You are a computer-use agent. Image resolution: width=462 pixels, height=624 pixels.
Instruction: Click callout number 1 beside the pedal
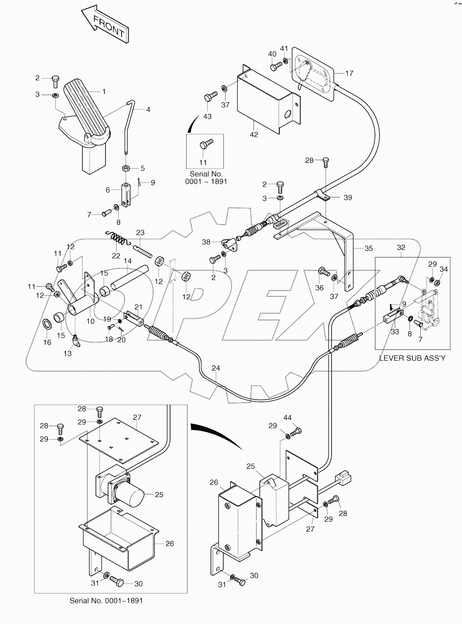point(104,92)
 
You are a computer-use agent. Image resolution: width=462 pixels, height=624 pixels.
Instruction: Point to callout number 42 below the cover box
point(254,134)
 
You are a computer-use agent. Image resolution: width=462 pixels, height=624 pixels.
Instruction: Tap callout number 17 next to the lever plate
point(349,73)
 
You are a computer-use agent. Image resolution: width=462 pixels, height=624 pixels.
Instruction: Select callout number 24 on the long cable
point(216,368)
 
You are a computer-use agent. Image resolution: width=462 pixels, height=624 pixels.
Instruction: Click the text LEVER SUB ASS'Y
point(412,358)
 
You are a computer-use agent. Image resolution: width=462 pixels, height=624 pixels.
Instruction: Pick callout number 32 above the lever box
point(401,247)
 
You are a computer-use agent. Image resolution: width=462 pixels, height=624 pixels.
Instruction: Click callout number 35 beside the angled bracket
point(369,248)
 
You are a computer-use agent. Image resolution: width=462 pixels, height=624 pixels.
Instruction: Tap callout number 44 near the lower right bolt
point(288,418)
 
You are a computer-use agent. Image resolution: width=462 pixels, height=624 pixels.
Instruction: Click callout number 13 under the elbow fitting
point(67,353)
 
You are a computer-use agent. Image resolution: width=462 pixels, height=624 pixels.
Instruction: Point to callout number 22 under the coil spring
point(116,256)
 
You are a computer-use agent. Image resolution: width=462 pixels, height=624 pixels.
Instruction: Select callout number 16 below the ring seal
point(47,342)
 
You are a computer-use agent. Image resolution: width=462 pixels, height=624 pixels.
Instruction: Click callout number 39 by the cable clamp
point(348,197)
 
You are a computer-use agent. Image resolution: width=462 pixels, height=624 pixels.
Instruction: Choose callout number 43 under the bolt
point(207,116)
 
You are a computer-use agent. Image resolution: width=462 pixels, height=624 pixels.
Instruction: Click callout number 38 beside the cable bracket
point(206,242)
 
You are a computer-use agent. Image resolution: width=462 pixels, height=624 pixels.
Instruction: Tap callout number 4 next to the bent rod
point(148,109)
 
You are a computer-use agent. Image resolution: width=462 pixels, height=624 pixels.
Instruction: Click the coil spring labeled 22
point(118,238)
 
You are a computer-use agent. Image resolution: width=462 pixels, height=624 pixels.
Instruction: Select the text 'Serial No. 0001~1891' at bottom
point(106,600)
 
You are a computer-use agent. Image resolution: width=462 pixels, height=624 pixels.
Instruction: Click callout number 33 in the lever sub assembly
point(395,332)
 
